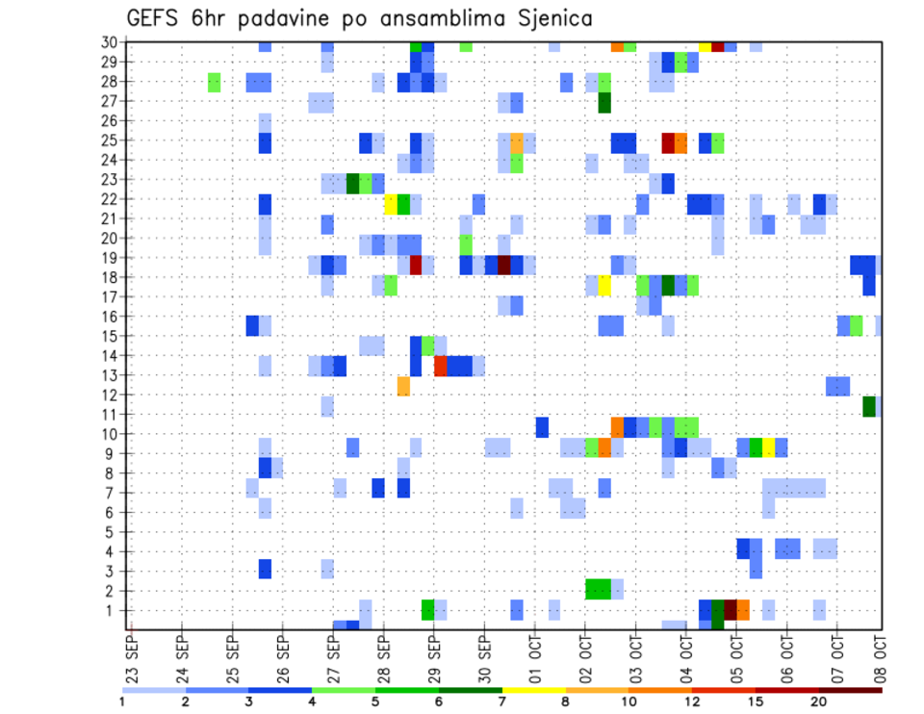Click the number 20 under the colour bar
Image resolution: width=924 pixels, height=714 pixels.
[820, 701]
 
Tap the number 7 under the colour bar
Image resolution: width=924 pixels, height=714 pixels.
[502, 701]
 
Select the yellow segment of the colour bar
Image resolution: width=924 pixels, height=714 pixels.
[533, 690]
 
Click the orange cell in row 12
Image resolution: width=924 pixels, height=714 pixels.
[403, 386]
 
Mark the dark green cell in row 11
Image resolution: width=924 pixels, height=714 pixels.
[869, 406]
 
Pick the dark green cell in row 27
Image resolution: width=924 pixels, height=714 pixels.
[604, 102]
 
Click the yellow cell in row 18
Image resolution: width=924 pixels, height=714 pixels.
[604, 286]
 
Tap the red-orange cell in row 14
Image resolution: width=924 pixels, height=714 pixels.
[441, 366]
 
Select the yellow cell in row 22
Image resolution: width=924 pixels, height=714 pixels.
[391, 204]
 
